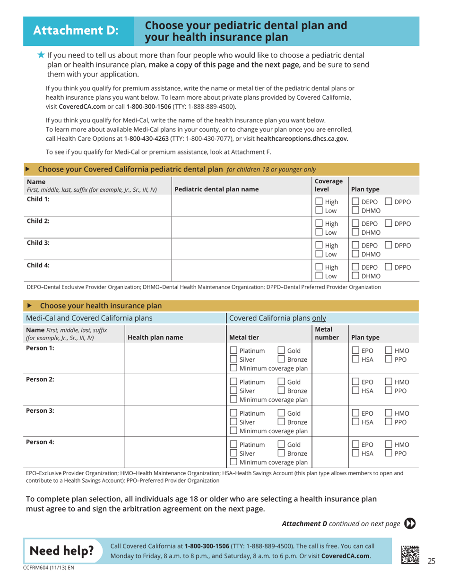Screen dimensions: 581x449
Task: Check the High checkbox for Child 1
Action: click(x=319, y=202)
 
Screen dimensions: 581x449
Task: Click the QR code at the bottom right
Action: click(x=410, y=553)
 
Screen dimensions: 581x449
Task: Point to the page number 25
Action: click(x=431, y=561)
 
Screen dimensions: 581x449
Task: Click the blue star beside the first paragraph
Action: click(x=41, y=55)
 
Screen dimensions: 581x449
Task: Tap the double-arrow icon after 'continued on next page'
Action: click(x=410, y=523)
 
